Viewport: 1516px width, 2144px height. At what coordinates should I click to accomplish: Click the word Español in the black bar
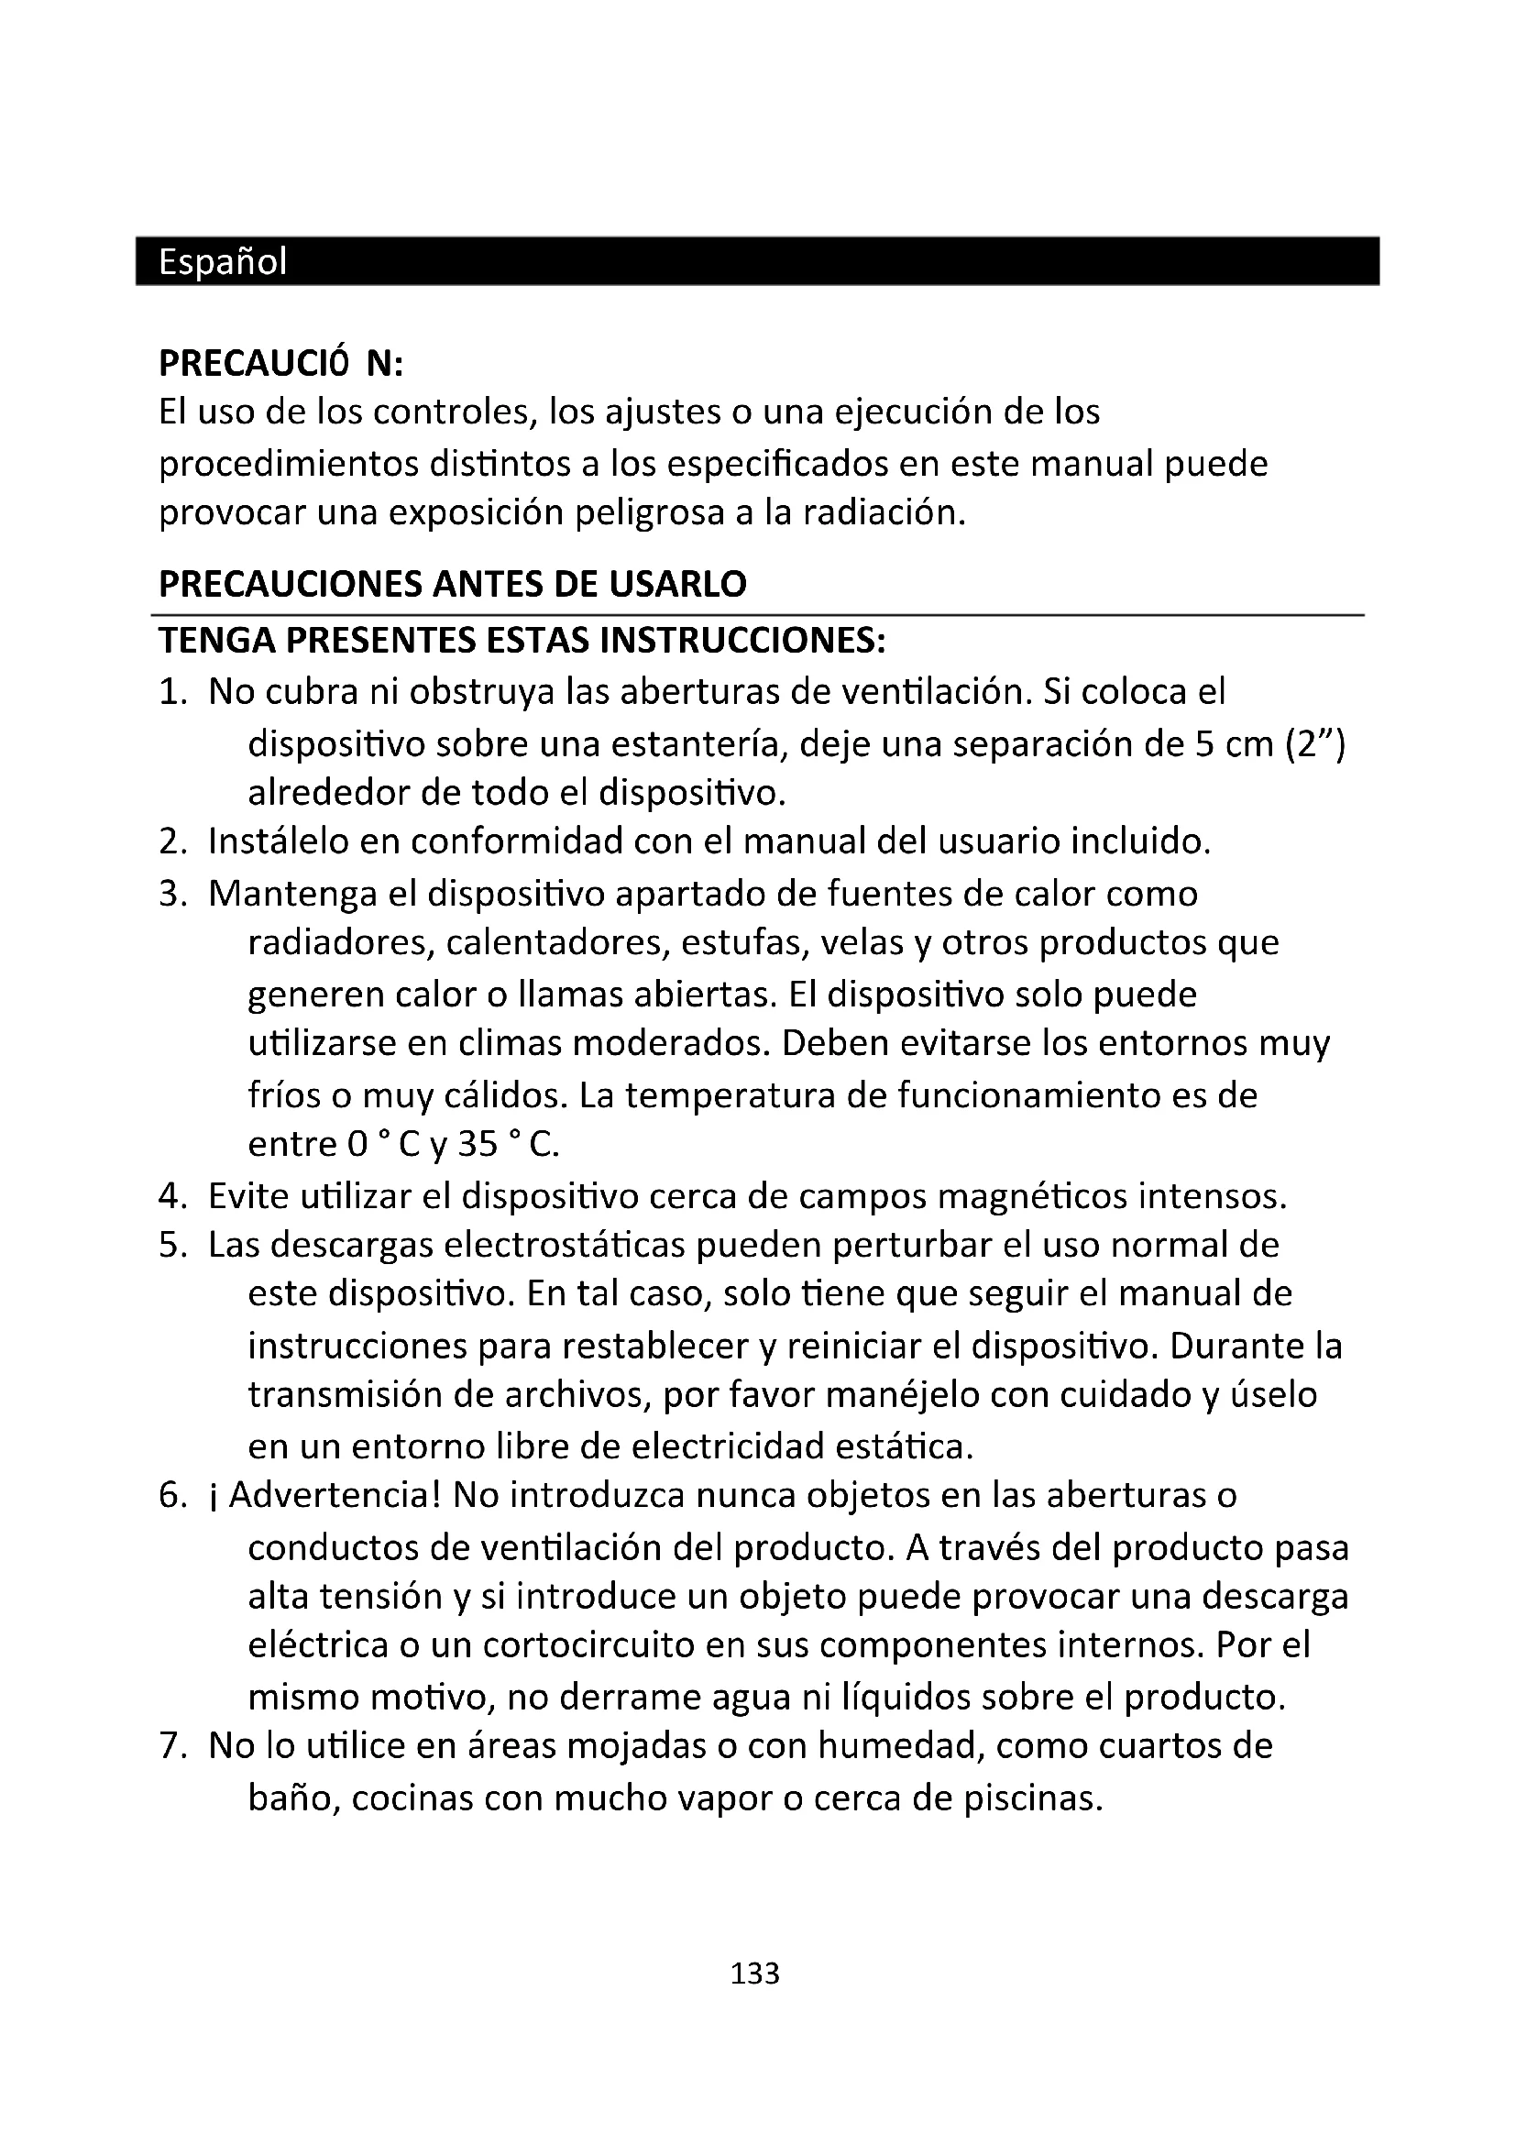tap(222, 262)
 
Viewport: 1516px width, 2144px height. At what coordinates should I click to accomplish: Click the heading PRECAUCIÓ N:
tap(281, 364)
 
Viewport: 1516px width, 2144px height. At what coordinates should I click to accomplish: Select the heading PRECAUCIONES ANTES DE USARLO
tap(453, 585)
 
